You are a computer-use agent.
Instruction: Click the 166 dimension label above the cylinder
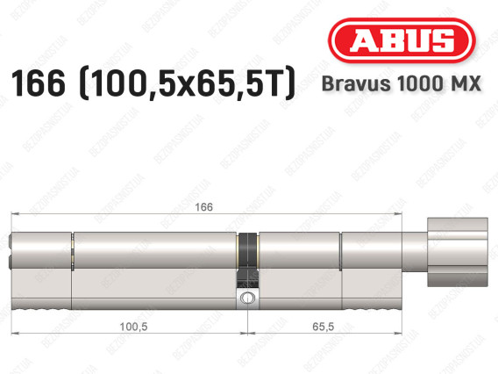pyautogui.click(x=206, y=207)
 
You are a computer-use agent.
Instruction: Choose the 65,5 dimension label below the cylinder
pyautogui.click(x=328, y=325)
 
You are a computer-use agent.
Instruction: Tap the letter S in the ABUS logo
pyautogui.click(x=449, y=41)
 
